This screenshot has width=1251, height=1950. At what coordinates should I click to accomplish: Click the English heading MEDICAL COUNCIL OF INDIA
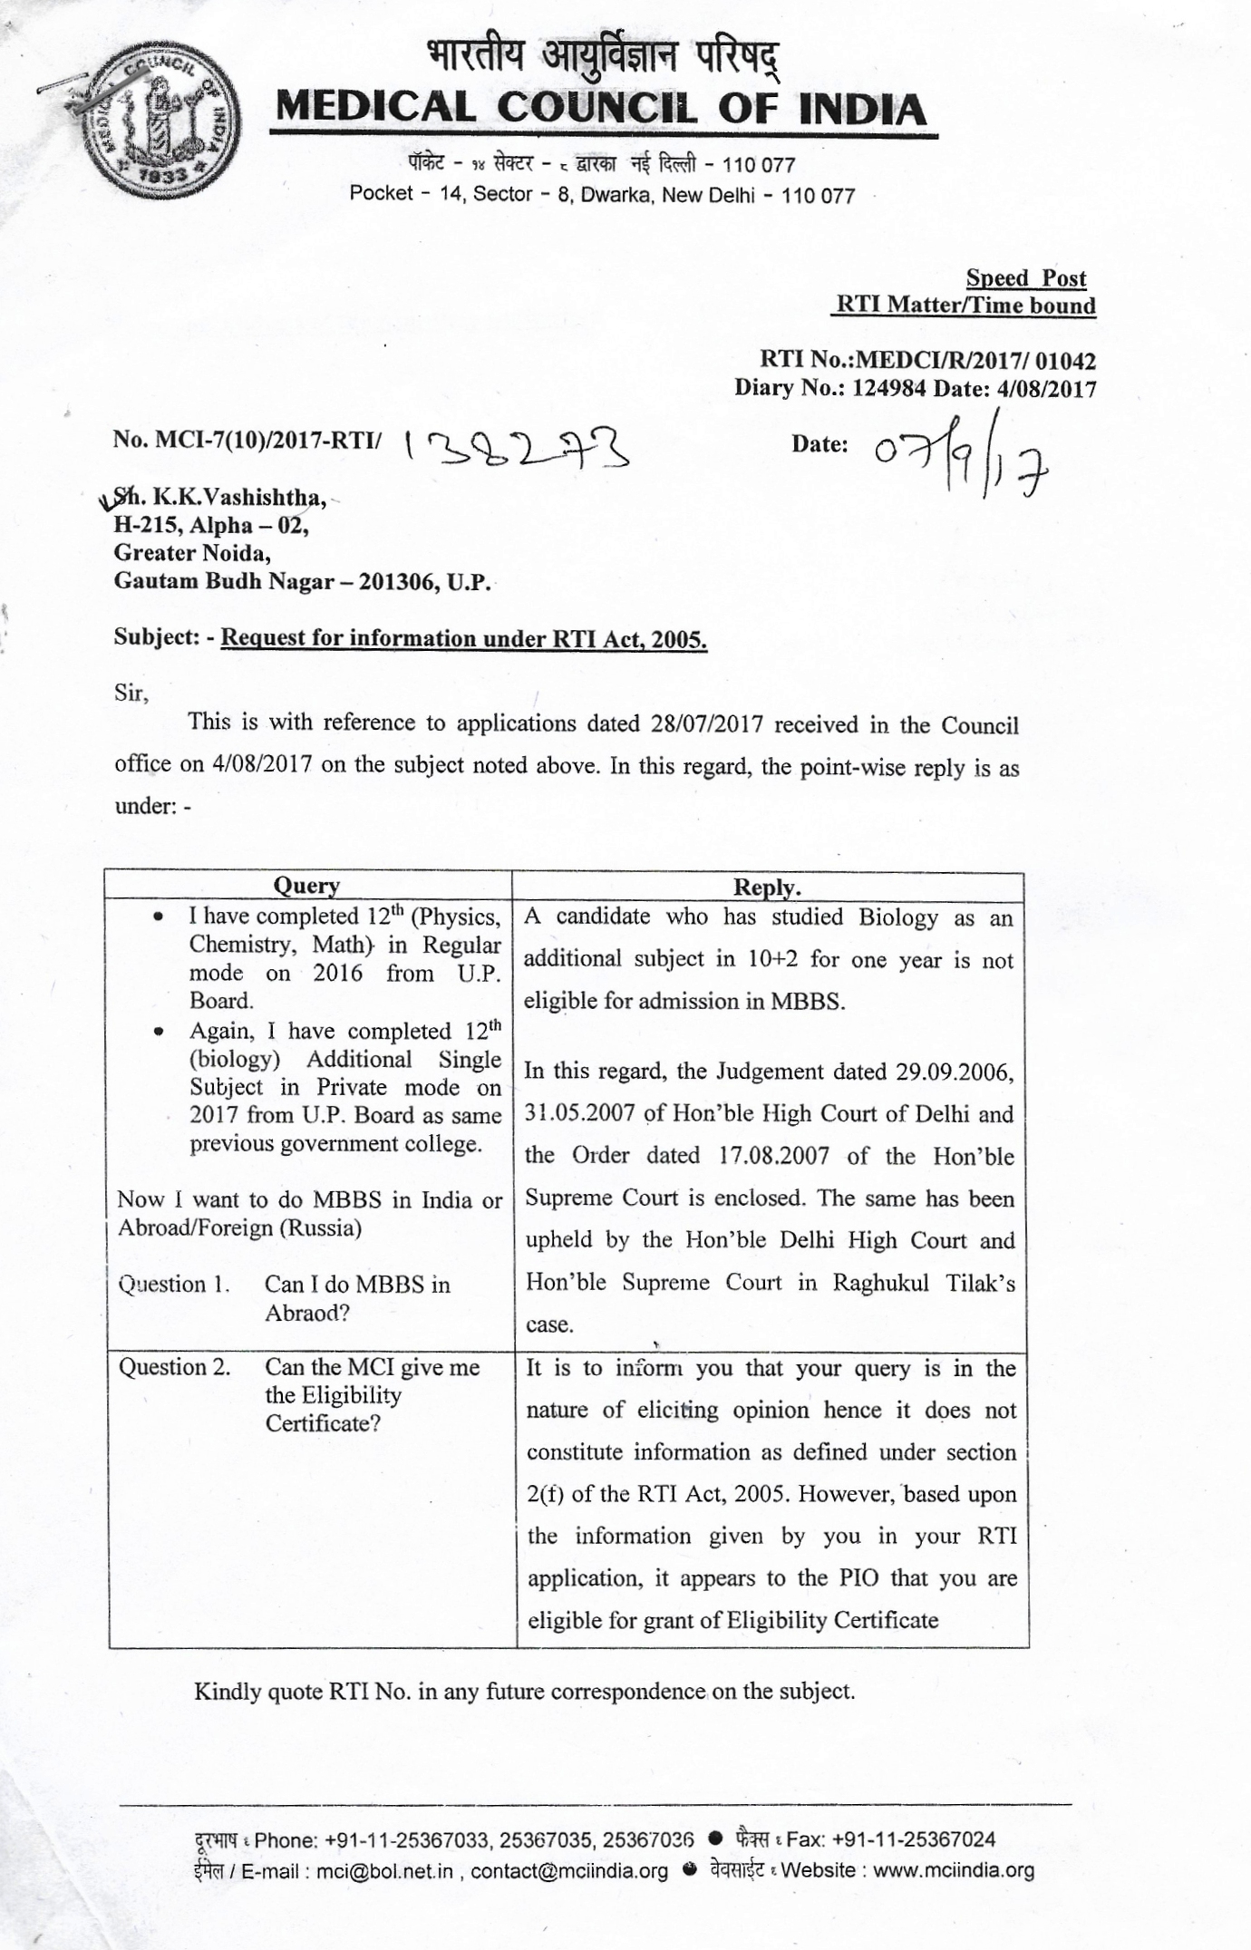(x=601, y=109)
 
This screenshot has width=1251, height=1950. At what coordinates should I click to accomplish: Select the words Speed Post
(x=1025, y=277)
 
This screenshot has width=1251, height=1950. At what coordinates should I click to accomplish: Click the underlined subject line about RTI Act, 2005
(x=463, y=638)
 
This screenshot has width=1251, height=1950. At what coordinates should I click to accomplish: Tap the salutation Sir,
(x=131, y=694)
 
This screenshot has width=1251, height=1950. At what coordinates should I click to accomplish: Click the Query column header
(x=306, y=886)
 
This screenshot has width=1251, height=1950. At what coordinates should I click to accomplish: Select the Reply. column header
(x=767, y=887)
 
